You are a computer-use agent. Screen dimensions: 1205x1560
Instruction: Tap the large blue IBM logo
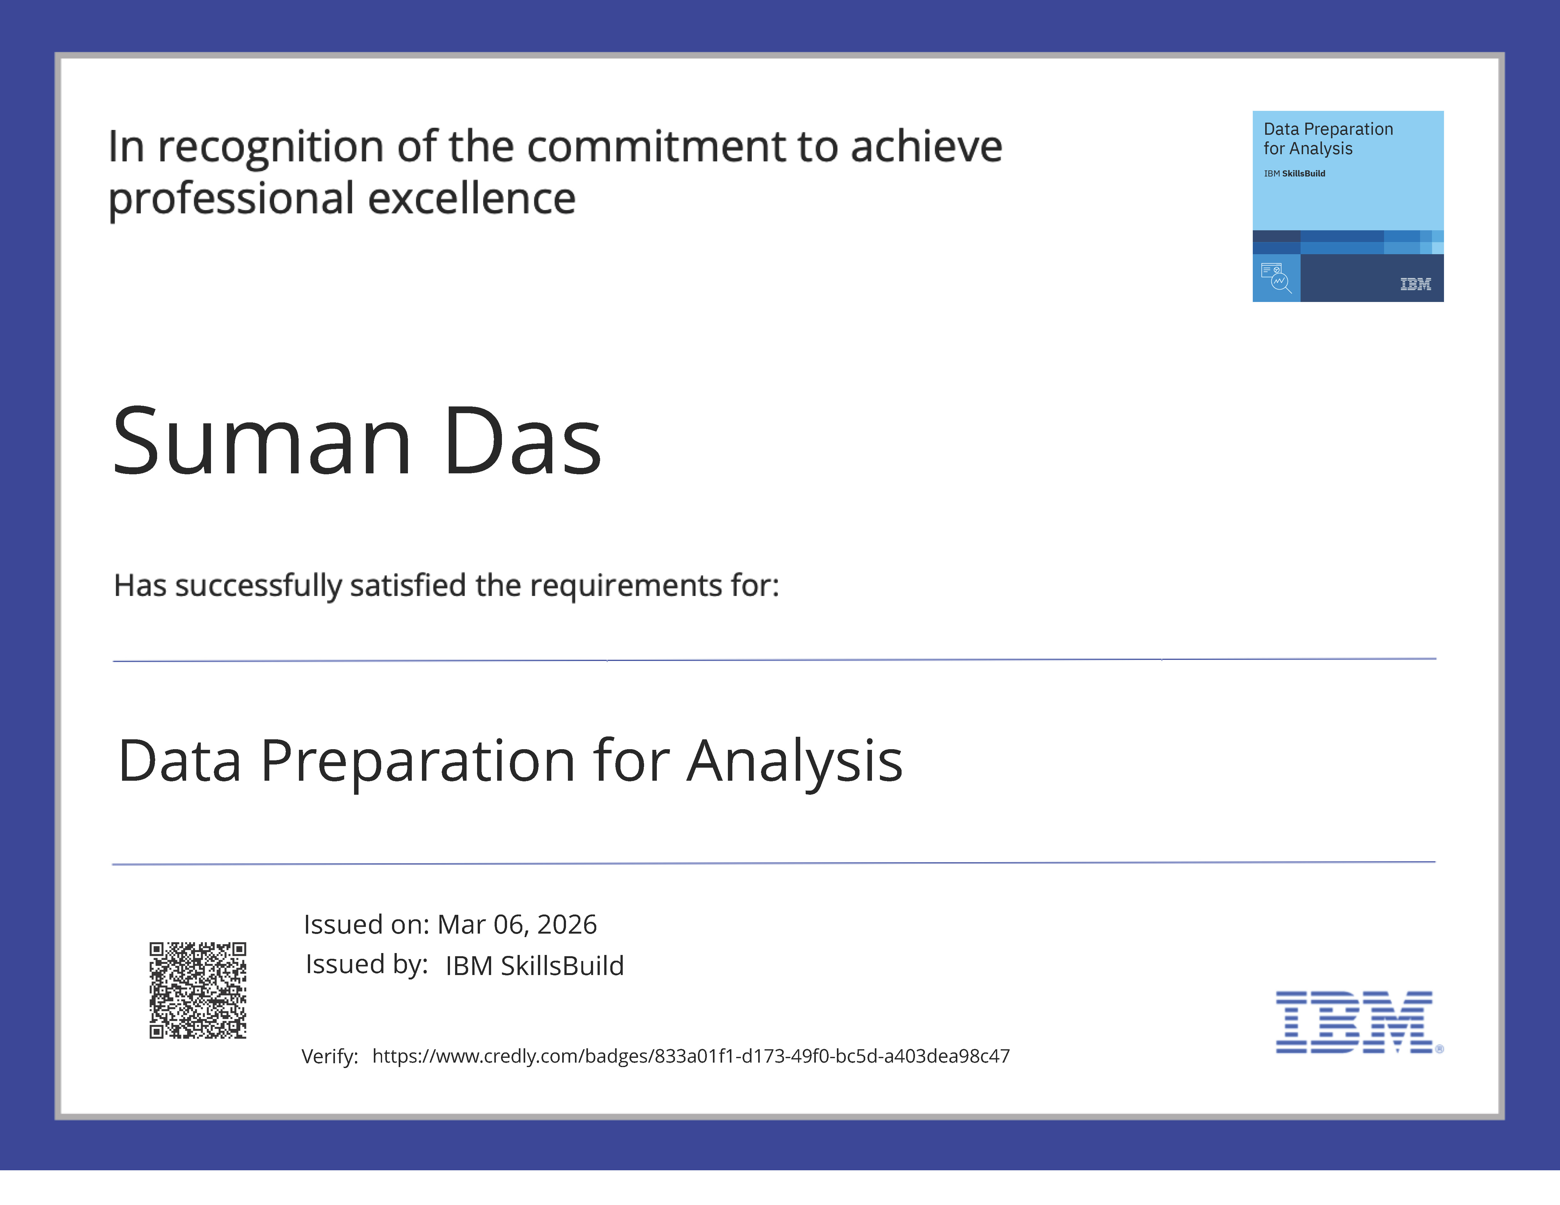1354,1022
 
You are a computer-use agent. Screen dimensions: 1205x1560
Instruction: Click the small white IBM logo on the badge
1415,284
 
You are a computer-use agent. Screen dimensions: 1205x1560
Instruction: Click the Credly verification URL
691,1056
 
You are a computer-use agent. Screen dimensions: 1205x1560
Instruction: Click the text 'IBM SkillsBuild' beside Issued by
534,966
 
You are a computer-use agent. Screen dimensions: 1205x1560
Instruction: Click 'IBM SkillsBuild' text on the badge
1294,174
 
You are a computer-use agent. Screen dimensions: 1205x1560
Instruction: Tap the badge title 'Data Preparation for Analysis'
1328,139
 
